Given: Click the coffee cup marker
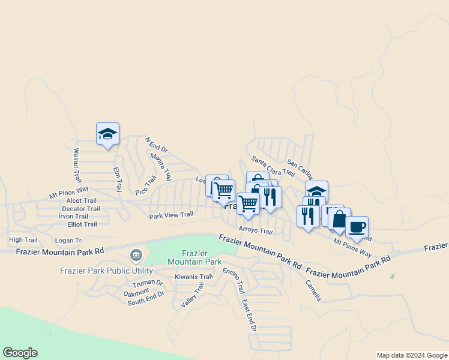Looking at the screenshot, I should click(357, 227).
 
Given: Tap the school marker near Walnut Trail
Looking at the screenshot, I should click(107, 134).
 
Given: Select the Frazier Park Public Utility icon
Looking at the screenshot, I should click(136, 256).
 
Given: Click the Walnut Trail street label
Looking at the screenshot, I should click(77, 166).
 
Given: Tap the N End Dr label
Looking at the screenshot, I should click(157, 146).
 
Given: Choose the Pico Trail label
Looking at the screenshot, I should click(146, 185).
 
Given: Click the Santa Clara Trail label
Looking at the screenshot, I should click(273, 166).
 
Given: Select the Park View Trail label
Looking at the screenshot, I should click(171, 215).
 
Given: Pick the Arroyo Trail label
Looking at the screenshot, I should click(256, 229).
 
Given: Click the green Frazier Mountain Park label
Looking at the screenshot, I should click(194, 257).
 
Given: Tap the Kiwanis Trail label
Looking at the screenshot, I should click(194, 277).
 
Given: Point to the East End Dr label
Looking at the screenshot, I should click(249, 316).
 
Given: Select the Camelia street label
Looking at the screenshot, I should click(313, 291).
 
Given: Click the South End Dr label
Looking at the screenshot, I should click(145, 301).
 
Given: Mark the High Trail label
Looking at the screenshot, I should click(23, 240).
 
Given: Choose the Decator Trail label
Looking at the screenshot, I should click(80, 209).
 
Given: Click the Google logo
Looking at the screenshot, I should click(20, 353).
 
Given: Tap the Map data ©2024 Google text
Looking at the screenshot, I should click(411, 355).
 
